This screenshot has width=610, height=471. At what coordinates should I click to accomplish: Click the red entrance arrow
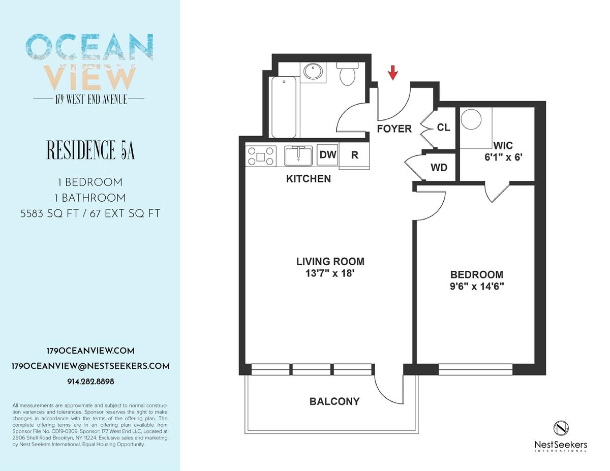tap(393, 73)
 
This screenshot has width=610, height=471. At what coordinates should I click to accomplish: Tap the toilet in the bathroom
tap(348, 74)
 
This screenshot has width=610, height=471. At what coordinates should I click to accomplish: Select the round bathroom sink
tap(313, 72)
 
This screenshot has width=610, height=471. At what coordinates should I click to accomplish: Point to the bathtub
tap(284, 107)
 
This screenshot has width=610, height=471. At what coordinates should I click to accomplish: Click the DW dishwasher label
tap(328, 154)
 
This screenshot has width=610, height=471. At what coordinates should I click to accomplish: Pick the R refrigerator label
tap(354, 155)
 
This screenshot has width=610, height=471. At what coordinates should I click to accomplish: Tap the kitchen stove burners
tap(260, 156)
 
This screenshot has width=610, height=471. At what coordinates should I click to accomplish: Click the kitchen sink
tap(298, 155)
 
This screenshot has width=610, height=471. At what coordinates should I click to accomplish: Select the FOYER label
tap(394, 129)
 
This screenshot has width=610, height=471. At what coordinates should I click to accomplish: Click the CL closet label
tap(444, 128)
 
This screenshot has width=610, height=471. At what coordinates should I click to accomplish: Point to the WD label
tap(439, 168)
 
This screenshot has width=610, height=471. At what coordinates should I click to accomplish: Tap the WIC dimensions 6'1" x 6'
tap(503, 157)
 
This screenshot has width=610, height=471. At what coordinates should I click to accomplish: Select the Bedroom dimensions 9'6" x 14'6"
tap(477, 286)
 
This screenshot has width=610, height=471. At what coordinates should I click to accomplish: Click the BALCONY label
tap(334, 401)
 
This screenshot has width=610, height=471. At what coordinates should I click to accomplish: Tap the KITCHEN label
tap(309, 179)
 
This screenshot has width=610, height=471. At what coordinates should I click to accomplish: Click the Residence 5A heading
tap(90, 150)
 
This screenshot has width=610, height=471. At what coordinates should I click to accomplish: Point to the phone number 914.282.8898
tap(90, 382)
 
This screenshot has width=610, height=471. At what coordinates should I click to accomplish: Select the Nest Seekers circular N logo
tap(561, 428)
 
